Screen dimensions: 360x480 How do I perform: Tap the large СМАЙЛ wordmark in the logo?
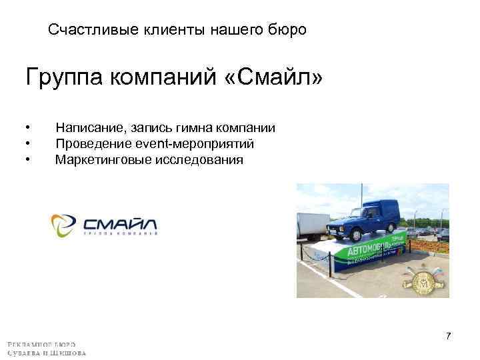[120, 221]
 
